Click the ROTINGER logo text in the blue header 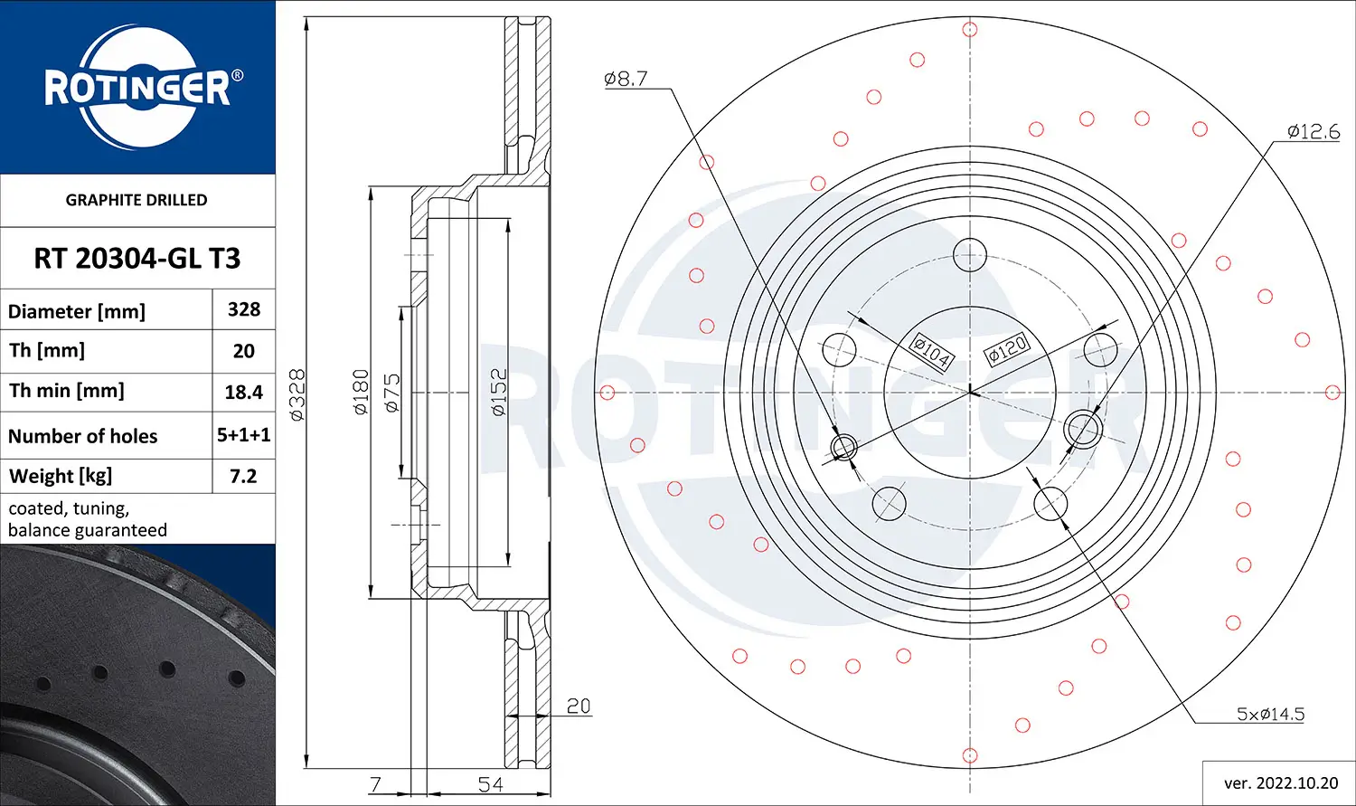[137, 89]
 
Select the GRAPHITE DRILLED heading [137, 200]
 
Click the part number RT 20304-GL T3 [137, 259]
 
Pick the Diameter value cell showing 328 [244, 309]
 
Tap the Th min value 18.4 [244, 393]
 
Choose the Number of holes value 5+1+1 [244, 435]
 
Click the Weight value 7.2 [243, 476]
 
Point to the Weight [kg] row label [61, 476]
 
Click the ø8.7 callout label [626, 79]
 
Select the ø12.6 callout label [1313, 131]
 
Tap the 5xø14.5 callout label [1270, 714]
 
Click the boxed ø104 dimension [931, 351]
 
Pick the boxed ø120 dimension [1007, 348]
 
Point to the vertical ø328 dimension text [297, 394]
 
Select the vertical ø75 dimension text [391, 393]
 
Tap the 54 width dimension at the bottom [490, 783]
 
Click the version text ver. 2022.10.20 [1280, 782]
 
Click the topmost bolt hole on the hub [970, 255]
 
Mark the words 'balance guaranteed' [88, 530]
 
